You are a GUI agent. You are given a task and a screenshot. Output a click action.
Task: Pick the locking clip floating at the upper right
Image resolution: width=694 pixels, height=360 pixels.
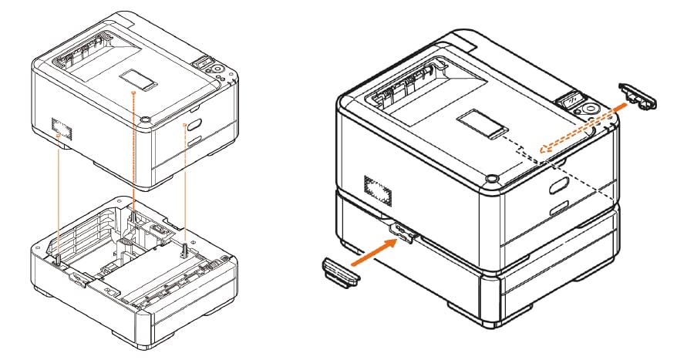pos(641,93)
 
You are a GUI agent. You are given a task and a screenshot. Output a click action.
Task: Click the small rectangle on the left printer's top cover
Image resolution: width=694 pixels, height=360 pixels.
pos(136,78)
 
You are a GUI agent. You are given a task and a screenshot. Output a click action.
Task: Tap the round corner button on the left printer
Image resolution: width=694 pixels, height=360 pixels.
pos(144,120)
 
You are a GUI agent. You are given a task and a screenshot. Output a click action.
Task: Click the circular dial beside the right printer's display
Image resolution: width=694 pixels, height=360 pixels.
pos(591,109)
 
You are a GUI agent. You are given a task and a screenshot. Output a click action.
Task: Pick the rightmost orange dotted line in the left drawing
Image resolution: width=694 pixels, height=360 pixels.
pos(184,185)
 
